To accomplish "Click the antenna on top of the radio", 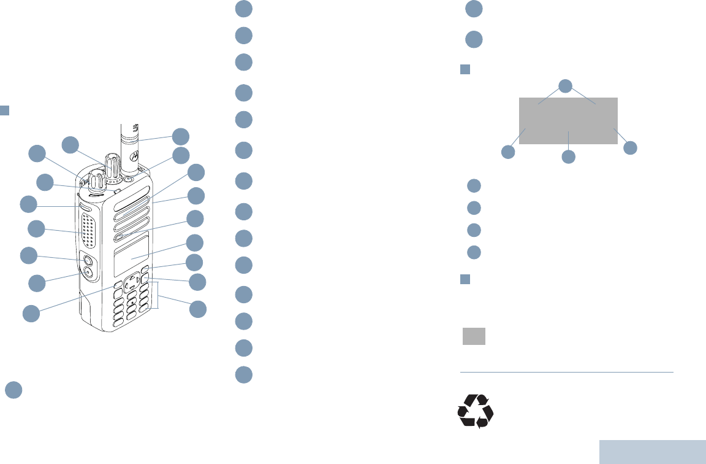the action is click(x=130, y=141).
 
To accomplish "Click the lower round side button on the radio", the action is click(x=88, y=273).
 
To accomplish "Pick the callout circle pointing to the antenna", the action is click(x=180, y=136).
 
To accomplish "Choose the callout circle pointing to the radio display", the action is click(x=195, y=242).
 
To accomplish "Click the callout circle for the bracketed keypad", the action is click(x=197, y=309).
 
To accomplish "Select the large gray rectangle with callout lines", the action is click(x=568, y=120).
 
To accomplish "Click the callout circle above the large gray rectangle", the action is click(x=566, y=85).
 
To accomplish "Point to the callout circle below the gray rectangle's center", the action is click(x=569, y=157).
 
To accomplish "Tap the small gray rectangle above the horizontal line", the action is click(x=474, y=336).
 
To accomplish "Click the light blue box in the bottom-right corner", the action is click(x=652, y=451).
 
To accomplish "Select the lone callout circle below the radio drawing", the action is click(x=15, y=390).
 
